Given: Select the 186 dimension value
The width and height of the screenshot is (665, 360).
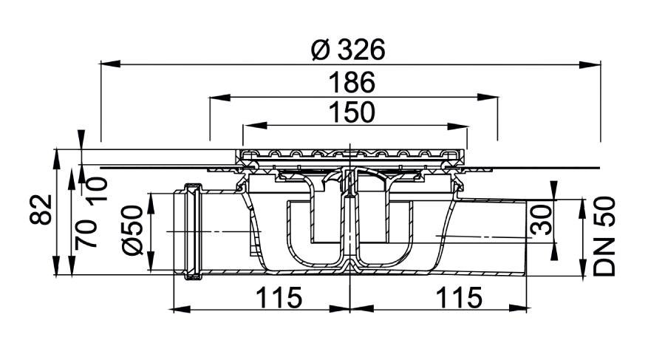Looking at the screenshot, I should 352,82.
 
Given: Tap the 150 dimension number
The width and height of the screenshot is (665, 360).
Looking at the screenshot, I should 352,112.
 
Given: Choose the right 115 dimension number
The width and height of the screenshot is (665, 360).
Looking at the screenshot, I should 459,298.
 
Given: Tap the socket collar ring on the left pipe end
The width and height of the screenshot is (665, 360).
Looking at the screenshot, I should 194,231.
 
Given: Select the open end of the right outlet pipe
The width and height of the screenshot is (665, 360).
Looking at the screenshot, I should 528,237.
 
